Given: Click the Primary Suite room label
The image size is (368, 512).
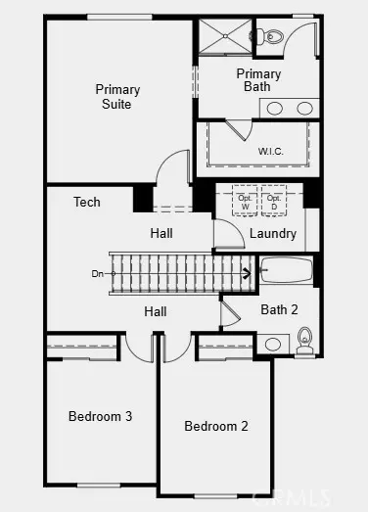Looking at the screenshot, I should [117, 96].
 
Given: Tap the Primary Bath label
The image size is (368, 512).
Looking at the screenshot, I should [258, 80].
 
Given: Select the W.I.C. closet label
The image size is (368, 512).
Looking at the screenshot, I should [271, 152].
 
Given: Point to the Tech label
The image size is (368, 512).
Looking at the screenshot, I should [87, 203].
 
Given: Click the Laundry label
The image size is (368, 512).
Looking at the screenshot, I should [273, 234].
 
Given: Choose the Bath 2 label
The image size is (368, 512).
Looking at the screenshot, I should [279, 309].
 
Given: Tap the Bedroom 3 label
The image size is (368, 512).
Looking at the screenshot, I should [100, 417].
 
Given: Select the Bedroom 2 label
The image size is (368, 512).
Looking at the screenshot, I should [216, 426].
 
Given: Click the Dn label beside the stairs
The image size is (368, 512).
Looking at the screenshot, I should [98, 273].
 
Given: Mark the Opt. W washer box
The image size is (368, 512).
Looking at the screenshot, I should [246, 202].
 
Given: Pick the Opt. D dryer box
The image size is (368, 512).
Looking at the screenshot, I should [274, 202].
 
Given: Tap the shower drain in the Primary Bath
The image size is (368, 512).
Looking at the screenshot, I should [225, 35].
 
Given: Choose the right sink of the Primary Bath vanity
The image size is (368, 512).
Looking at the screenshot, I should [304, 108].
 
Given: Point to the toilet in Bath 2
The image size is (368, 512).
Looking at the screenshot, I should [304, 340].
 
